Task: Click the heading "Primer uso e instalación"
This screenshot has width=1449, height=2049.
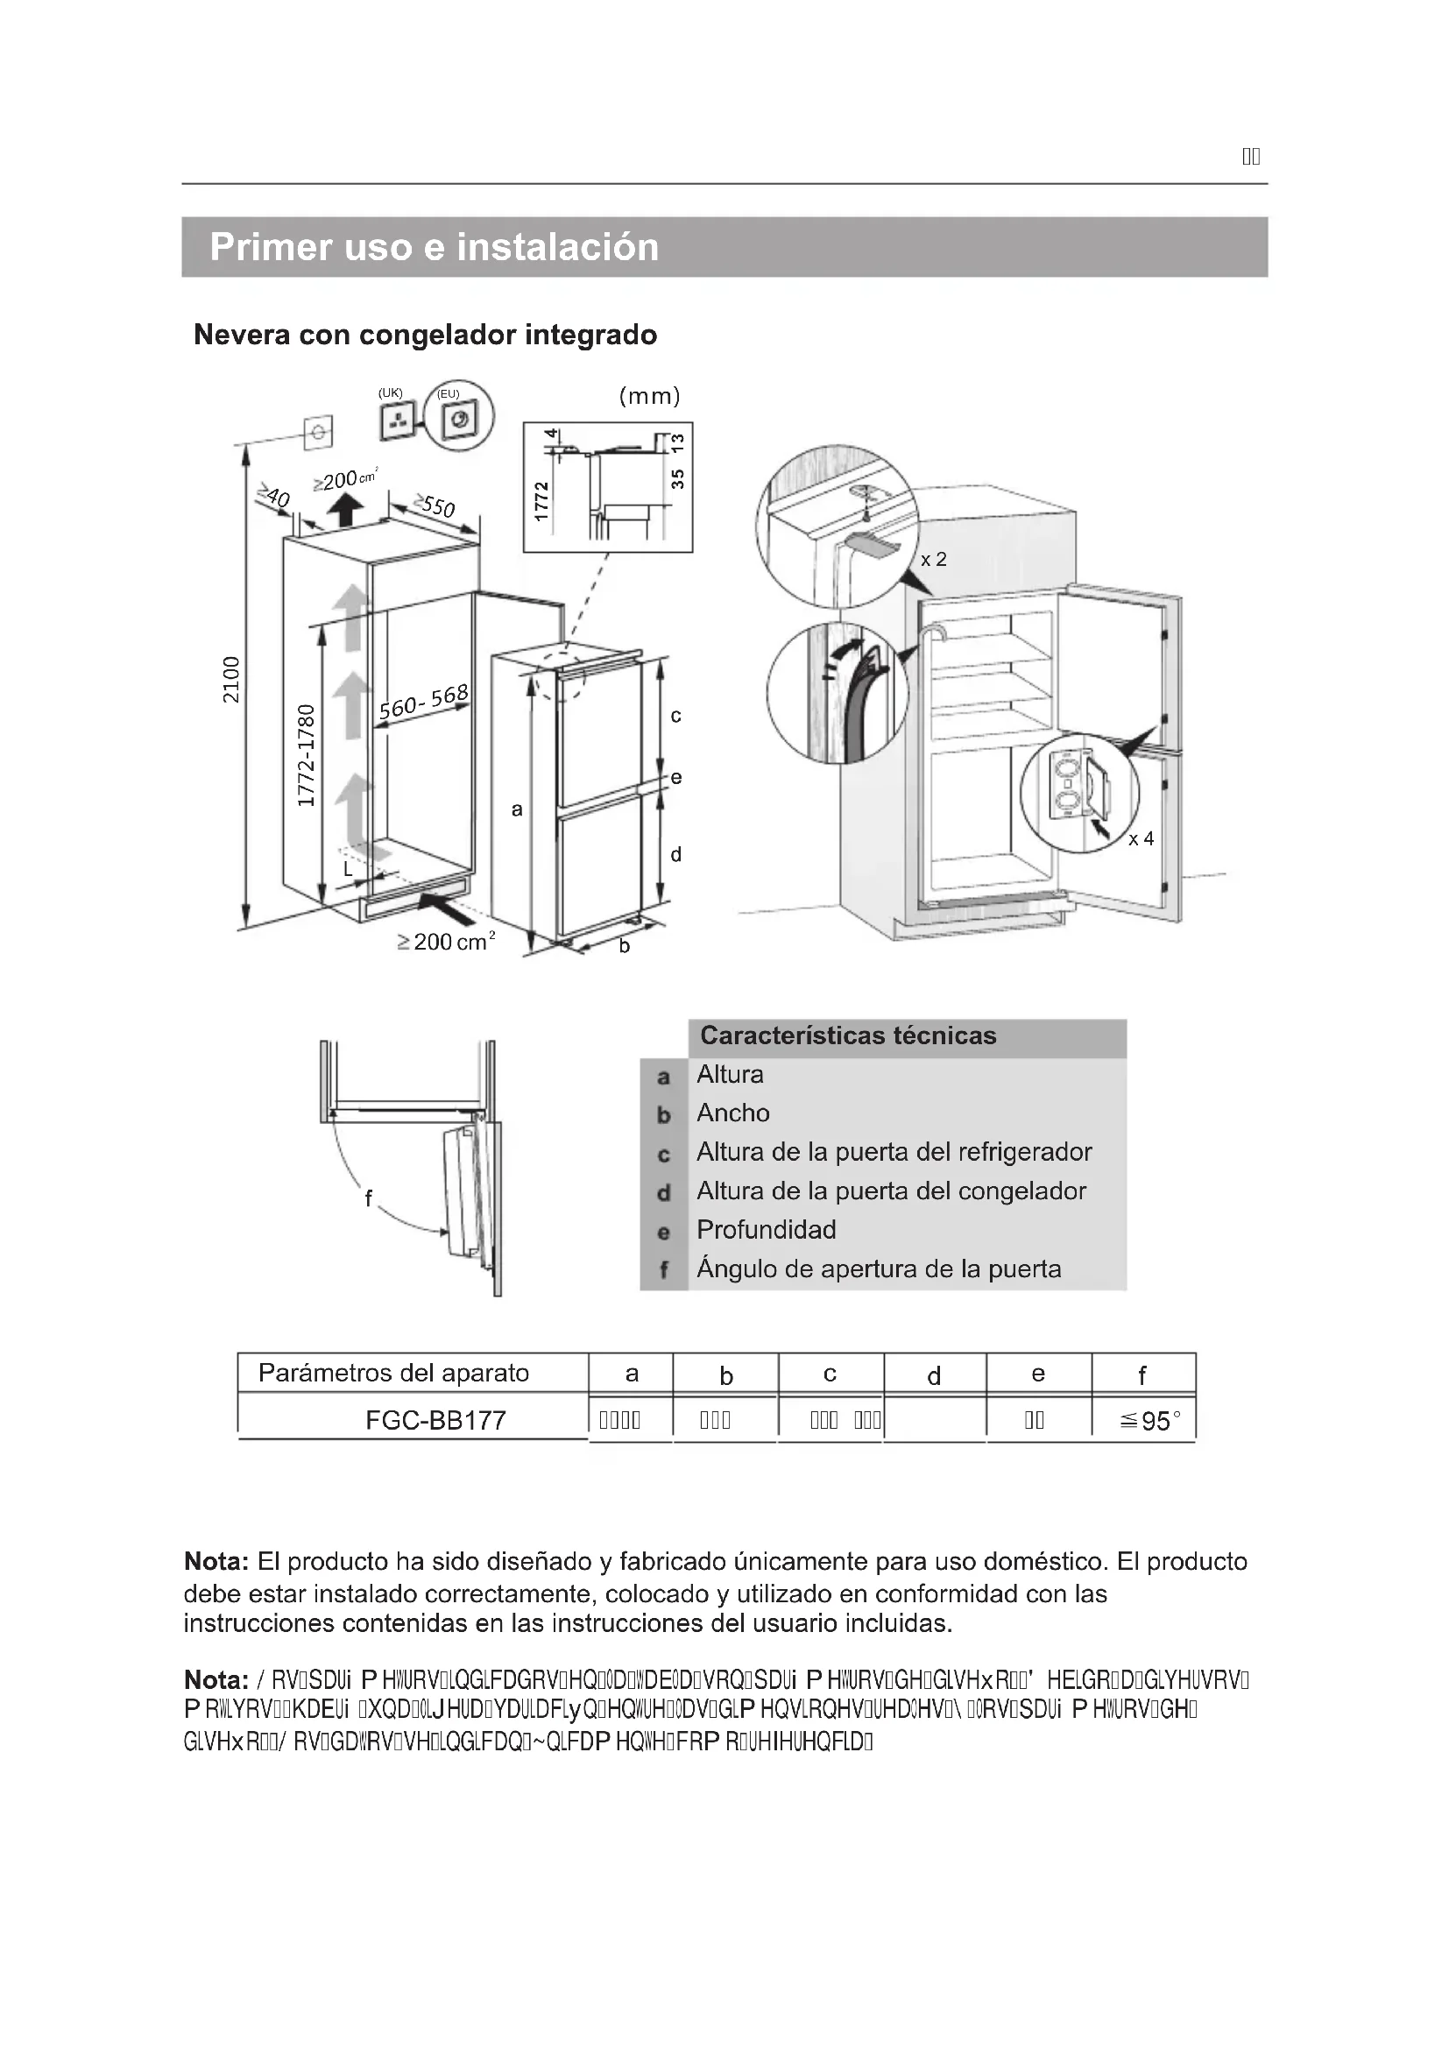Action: (434, 247)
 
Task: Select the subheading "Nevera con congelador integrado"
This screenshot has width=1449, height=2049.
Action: (426, 335)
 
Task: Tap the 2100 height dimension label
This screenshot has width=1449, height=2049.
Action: (231, 680)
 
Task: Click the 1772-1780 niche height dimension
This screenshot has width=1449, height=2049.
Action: (306, 755)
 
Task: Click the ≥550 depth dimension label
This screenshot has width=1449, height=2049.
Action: (435, 506)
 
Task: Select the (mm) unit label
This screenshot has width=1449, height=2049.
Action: (649, 396)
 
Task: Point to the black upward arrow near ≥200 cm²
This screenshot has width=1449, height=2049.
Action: (344, 512)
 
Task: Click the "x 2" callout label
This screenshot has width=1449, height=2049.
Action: (933, 560)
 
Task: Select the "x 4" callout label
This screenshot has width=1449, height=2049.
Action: (1141, 839)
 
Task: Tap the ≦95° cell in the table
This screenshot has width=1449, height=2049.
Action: (1150, 1421)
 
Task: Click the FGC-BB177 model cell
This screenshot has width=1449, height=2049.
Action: (435, 1420)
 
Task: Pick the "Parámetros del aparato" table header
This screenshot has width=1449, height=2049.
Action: (393, 1373)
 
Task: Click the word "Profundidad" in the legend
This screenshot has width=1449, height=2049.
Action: (766, 1230)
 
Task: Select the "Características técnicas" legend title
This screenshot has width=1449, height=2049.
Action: (848, 1036)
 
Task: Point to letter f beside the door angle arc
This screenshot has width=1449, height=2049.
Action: (368, 1198)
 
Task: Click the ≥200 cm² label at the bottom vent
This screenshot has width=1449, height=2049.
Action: (446, 942)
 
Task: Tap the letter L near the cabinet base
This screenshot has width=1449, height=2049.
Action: (349, 868)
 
